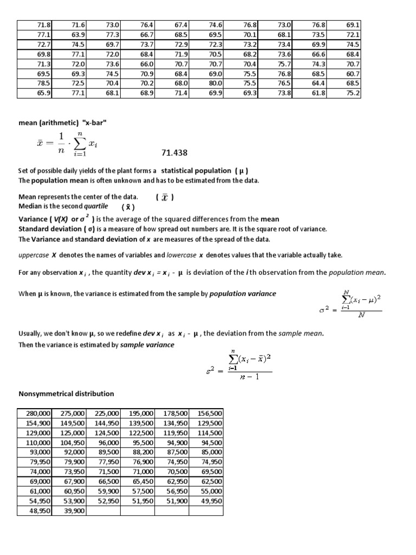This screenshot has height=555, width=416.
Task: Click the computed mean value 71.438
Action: [177, 153]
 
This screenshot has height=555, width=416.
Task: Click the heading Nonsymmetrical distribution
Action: [66, 393]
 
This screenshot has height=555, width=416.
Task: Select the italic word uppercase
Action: [34, 254]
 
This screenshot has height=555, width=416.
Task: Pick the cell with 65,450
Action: [139, 481]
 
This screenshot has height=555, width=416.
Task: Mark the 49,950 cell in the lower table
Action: [209, 501]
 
